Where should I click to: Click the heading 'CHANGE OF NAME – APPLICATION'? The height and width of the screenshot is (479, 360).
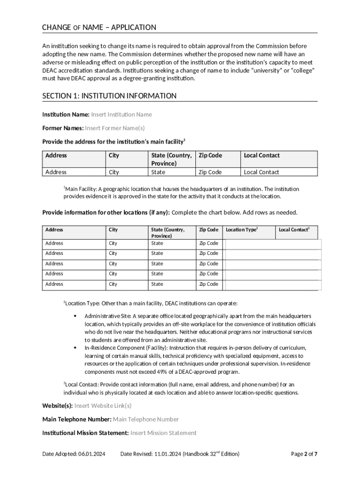(x=99, y=28)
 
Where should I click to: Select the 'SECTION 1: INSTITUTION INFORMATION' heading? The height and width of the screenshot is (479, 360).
(x=109, y=96)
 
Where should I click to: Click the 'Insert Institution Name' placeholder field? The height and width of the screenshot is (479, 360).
(x=121, y=115)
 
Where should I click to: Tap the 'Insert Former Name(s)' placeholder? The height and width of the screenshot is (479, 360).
(x=115, y=128)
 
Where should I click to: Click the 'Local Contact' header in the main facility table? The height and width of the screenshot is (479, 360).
(x=261, y=155)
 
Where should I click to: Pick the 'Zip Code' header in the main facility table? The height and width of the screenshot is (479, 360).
(x=210, y=155)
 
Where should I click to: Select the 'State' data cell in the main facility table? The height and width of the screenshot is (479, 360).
(x=158, y=172)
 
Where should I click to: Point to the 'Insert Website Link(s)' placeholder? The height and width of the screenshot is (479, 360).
(x=103, y=406)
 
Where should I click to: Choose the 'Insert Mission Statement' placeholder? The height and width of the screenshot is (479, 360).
(x=163, y=433)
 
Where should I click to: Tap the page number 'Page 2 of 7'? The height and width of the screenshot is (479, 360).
(x=304, y=454)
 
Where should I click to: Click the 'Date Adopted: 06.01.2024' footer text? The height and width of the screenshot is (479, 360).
(x=73, y=454)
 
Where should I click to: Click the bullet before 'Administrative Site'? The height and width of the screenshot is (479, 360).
(x=75, y=317)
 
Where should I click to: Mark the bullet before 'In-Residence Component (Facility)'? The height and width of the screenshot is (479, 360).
(x=75, y=348)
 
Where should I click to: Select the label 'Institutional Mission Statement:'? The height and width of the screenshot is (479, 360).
(x=86, y=433)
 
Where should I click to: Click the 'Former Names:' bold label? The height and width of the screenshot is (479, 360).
(x=63, y=128)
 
